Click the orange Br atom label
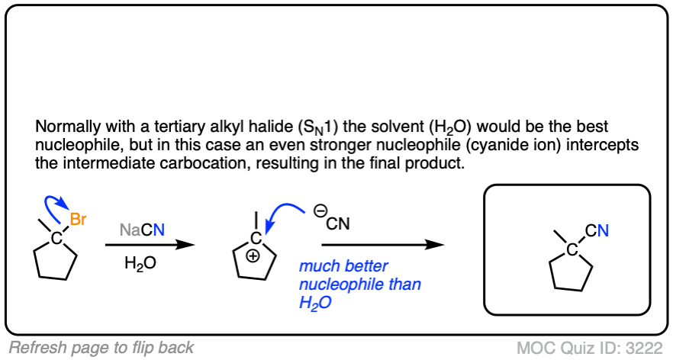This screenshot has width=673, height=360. point(79,220)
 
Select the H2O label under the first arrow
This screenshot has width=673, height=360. point(141,263)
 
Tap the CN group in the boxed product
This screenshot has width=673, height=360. point(597,230)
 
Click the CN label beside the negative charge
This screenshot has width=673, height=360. point(338,225)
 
